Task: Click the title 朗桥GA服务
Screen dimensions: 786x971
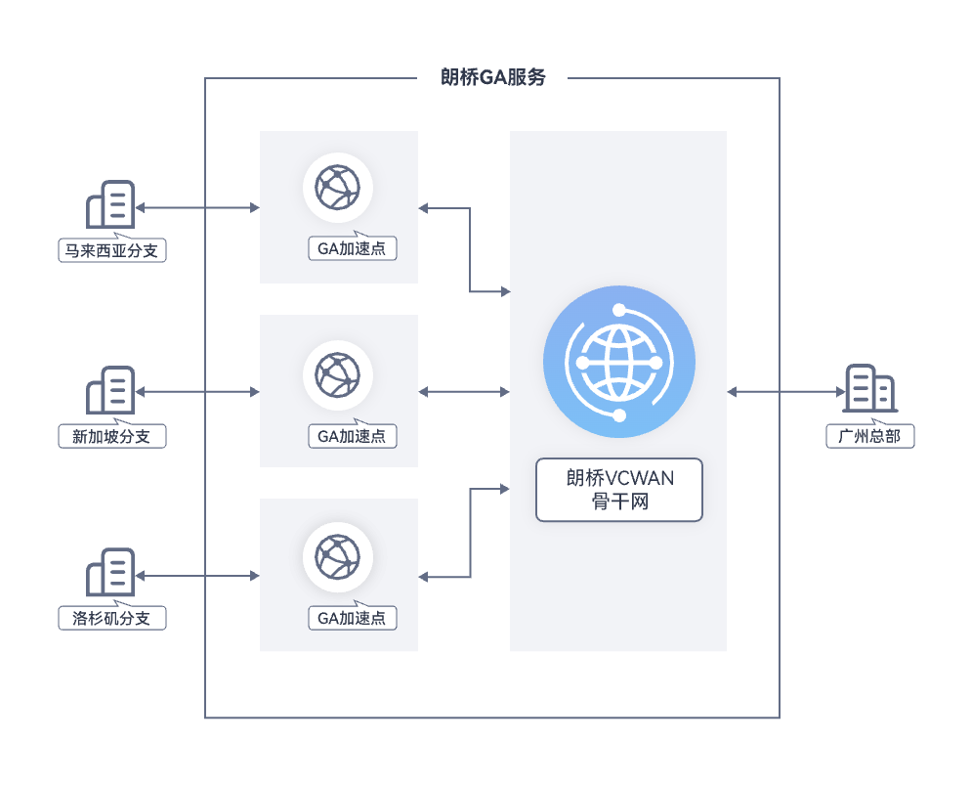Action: click(493, 78)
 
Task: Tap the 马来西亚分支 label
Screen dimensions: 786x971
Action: click(111, 251)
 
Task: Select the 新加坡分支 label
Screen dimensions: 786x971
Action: click(111, 436)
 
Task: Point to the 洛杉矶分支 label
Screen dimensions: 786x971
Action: click(111, 619)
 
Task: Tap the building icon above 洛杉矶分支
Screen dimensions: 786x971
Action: click(110, 573)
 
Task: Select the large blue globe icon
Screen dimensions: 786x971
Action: click(619, 362)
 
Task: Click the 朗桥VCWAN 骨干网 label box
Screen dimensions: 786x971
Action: click(619, 490)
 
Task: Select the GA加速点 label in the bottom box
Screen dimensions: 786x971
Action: click(352, 618)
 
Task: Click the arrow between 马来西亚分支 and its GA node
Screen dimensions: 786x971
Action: click(197, 207)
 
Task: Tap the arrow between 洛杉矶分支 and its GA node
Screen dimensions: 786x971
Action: click(197, 575)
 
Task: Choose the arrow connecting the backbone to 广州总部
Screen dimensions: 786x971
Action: click(785, 391)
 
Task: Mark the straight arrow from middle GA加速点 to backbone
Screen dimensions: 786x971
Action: click(464, 391)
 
